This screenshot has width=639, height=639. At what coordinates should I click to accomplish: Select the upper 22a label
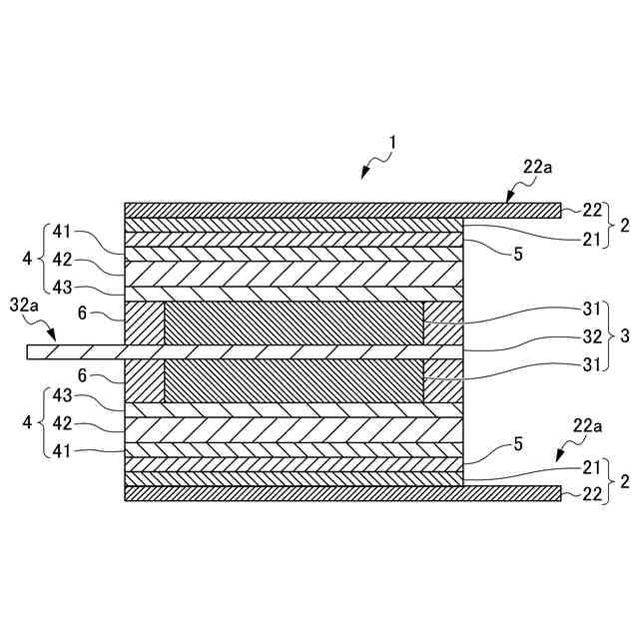click(x=536, y=168)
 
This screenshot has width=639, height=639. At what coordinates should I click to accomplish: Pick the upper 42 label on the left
click(x=63, y=259)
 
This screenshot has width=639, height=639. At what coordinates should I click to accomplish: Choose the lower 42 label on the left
click(x=63, y=423)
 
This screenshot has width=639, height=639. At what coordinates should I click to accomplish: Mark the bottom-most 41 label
click(x=63, y=451)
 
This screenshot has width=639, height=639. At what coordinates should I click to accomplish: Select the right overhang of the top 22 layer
click(x=511, y=210)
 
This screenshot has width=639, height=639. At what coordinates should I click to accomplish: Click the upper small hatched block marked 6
click(x=143, y=323)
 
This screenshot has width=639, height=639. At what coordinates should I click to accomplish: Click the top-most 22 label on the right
click(x=593, y=210)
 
